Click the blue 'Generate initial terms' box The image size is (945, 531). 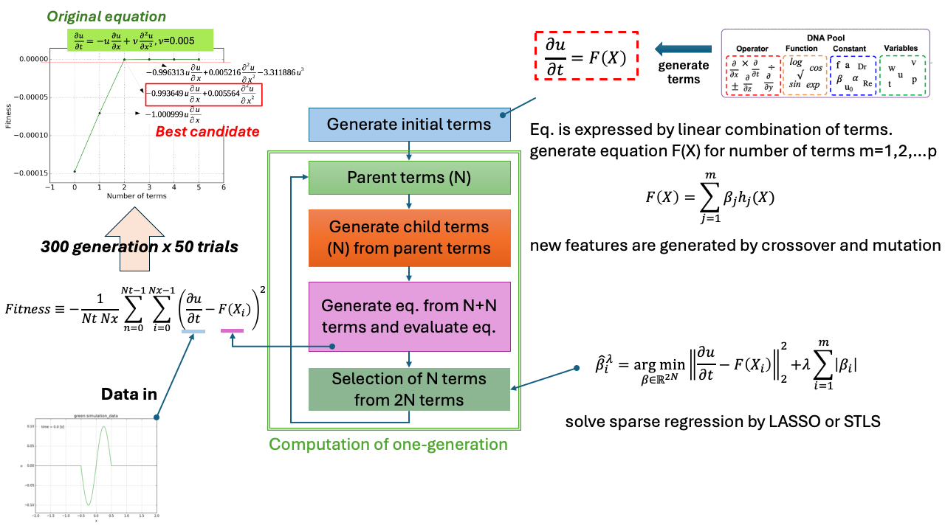click(409, 124)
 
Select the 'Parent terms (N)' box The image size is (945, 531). click(409, 178)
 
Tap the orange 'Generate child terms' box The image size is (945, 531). click(409, 237)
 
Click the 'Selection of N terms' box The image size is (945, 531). click(409, 389)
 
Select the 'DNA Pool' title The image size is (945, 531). click(826, 38)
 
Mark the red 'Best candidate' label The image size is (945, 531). click(207, 132)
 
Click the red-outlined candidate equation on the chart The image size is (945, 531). click(203, 95)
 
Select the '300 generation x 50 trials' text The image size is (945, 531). click(130, 247)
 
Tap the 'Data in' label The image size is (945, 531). click(129, 394)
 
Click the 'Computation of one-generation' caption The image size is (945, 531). click(388, 445)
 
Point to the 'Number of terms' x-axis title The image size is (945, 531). click(137, 195)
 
